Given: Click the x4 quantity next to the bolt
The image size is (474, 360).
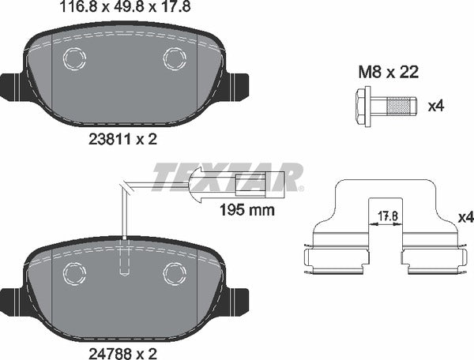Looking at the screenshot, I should coord(435,105).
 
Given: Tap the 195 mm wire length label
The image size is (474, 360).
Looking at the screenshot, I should coord(246,210).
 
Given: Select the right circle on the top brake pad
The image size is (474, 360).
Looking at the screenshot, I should coord(173,57).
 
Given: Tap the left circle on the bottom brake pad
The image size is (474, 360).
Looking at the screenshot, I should coord(73,272).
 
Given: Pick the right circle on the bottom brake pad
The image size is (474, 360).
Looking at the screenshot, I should coord(173,272).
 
